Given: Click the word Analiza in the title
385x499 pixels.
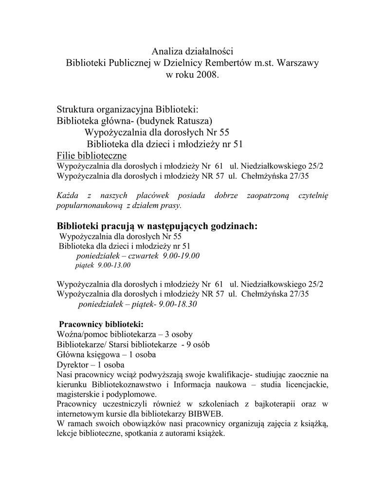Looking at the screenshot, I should [x=166, y=51].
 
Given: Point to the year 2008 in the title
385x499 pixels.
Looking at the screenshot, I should [x=207, y=76].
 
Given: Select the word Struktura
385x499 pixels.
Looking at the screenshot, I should [x=75, y=108].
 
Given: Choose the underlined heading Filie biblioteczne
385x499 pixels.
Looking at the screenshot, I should [x=92, y=155].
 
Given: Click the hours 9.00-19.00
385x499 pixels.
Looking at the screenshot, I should [x=181, y=256].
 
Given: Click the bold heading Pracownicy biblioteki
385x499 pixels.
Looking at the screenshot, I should [x=101, y=324].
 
